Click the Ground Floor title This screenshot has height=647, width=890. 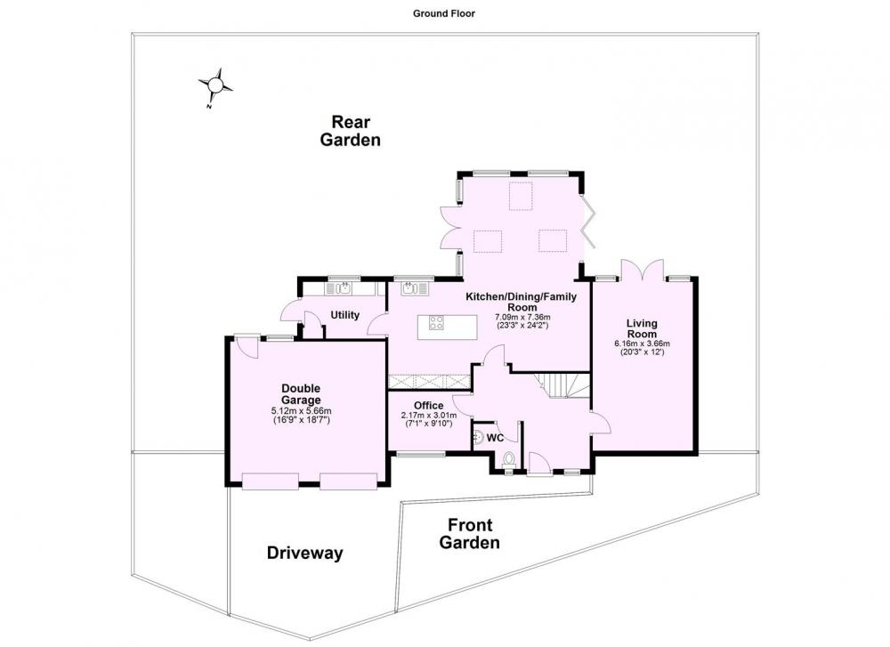(x=444, y=13)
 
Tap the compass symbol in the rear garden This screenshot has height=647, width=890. (x=214, y=86)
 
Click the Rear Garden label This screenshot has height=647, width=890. (x=350, y=131)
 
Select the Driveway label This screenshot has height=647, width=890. (x=304, y=553)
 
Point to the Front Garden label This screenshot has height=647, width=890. (x=469, y=533)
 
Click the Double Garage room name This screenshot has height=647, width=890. (x=301, y=394)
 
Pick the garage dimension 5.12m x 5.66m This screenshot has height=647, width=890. (x=302, y=411)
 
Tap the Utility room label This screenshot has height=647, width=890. (x=345, y=315)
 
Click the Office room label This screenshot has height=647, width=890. (x=429, y=405)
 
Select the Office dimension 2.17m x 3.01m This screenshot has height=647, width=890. (x=429, y=415)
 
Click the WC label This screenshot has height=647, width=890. (x=495, y=438)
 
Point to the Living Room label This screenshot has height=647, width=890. (x=642, y=328)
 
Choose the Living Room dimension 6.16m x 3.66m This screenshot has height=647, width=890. (x=642, y=344)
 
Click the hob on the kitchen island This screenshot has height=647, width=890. (x=436, y=323)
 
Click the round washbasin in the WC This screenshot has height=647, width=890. (x=478, y=437)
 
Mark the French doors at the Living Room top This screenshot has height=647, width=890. (x=642, y=269)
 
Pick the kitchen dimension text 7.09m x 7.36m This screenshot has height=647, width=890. (x=522, y=317)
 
